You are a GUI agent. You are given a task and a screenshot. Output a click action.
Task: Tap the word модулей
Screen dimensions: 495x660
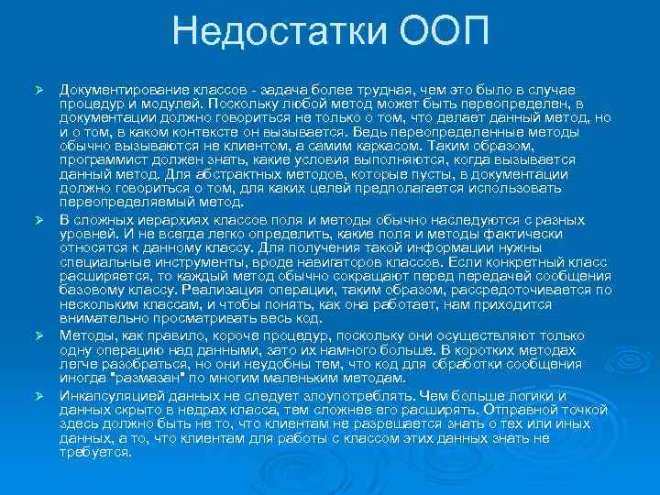[x=172, y=104]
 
